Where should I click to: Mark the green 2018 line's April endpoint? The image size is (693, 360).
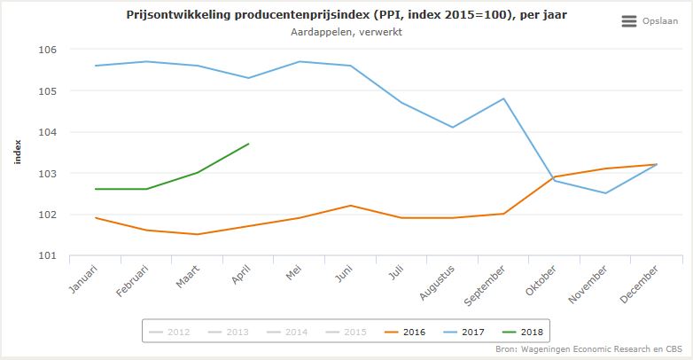pyautogui.click(x=248, y=144)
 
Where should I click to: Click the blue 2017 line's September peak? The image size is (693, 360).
pyautogui.click(x=503, y=98)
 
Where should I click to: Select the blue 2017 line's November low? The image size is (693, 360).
pyautogui.click(x=605, y=193)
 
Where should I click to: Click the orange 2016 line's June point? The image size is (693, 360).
pyautogui.click(x=351, y=206)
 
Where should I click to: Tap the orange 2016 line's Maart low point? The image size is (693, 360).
pyautogui.click(x=198, y=234)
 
